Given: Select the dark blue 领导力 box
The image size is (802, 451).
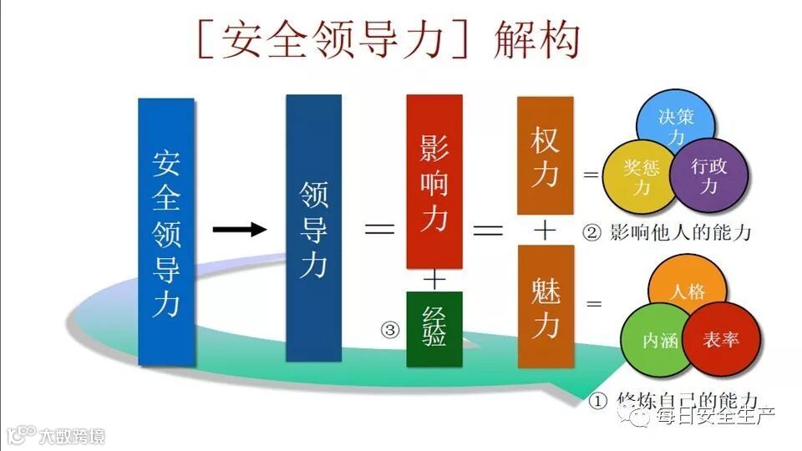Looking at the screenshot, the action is (x=313, y=227).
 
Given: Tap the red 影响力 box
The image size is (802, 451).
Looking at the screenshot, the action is (x=434, y=180).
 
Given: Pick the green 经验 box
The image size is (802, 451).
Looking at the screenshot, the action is (x=434, y=329).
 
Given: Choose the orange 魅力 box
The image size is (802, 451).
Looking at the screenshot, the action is (x=545, y=306).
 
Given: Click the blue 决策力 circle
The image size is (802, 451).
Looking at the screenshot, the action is (x=676, y=124).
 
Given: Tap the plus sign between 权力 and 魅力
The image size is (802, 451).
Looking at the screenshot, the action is (x=545, y=231).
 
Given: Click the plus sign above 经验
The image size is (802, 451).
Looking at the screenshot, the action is (x=434, y=279).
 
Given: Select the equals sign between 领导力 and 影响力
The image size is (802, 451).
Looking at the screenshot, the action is (x=378, y=230).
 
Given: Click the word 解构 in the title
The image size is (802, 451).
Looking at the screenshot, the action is (x=536, y=41).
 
